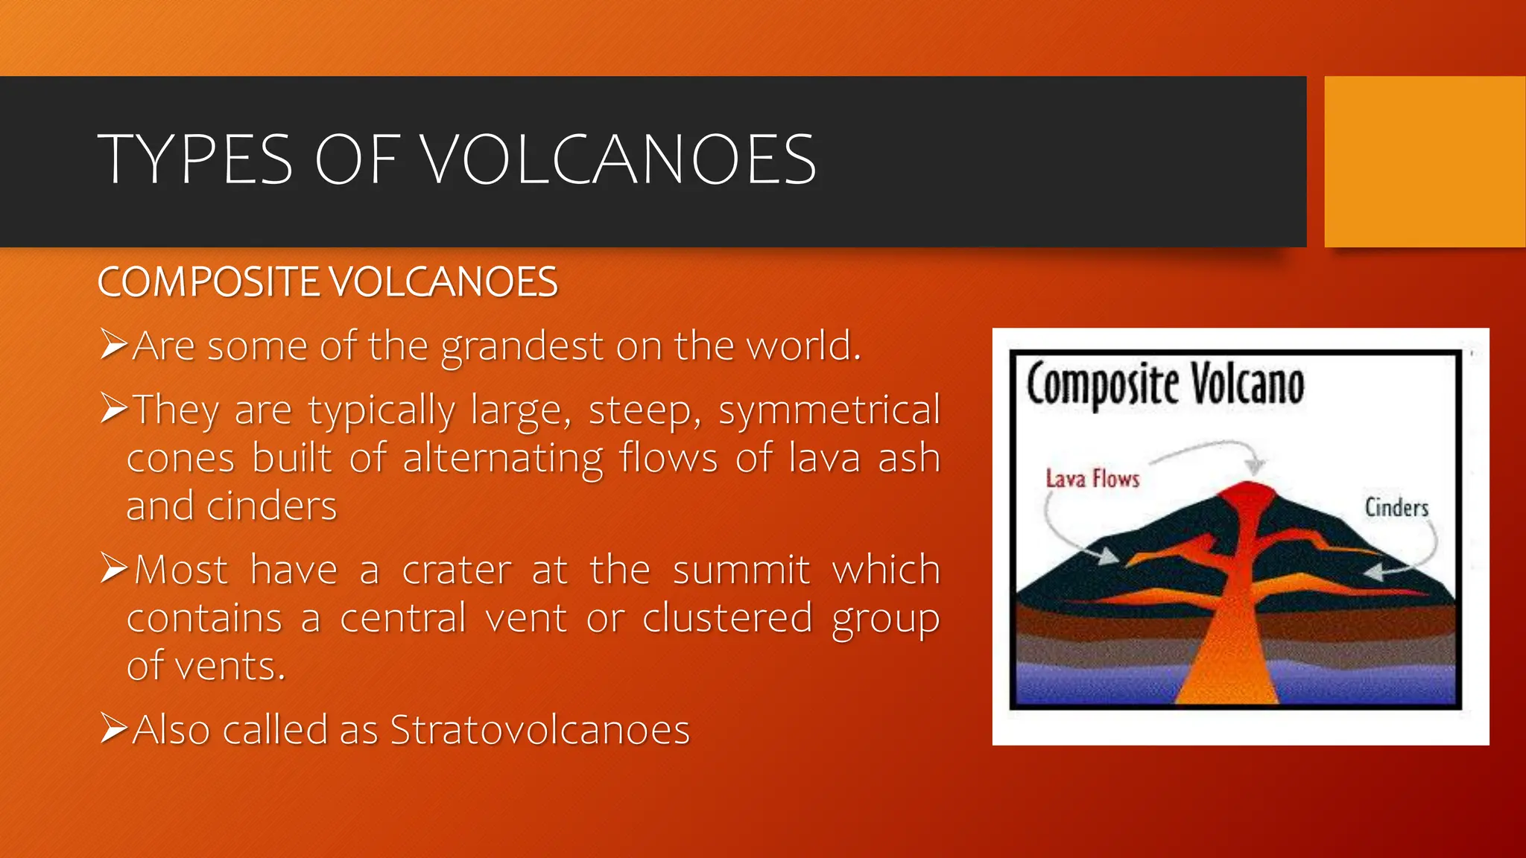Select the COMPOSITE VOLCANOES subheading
pyautogui.click(x=327, y=282)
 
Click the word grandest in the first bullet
pyautogui.click(x=522, y=346)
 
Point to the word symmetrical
pyautogui.click(x=829, y=410)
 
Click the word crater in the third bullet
pyautogui.click(x=457, y=571)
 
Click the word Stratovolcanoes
pyautogui.click(x=540, y=730)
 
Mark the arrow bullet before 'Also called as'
pyautogui.click(x=114, y=728)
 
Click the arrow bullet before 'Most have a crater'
pyautogui.click(x=114, y=569)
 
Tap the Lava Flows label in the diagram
pyautogui.click(x=1092, y=478)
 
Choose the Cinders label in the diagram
pyautogui.click(x=1396, y=508)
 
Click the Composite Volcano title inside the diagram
pyautogui.click(x=1165, y=384)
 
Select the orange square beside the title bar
pyautogui.click(x=1425, y=162)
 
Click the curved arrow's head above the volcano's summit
pyautogui.click(x=1256, y=466)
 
